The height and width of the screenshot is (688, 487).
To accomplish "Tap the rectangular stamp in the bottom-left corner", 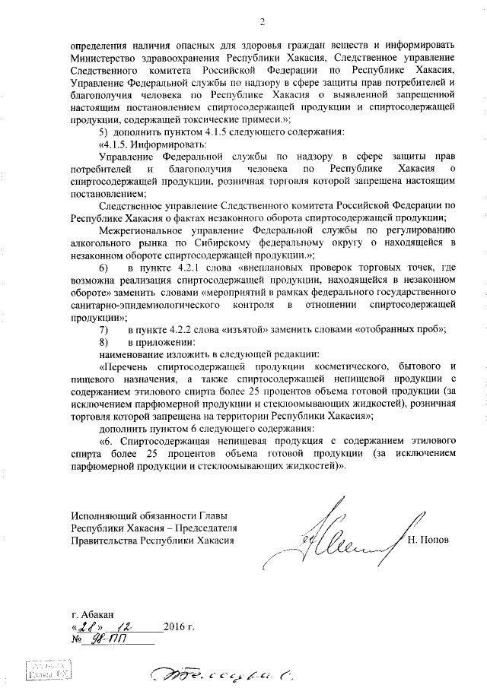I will [46, 668].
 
